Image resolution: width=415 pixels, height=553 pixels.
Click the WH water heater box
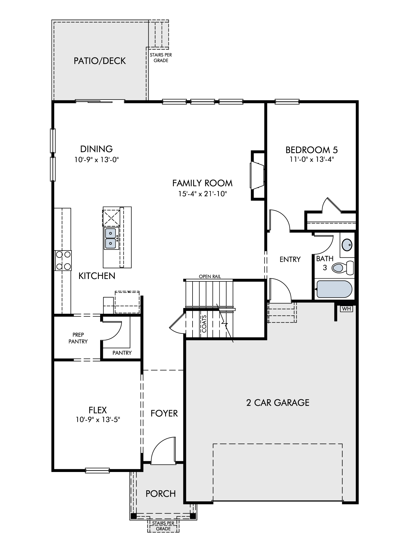point(346,309)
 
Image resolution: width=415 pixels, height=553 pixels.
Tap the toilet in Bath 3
point(343,267)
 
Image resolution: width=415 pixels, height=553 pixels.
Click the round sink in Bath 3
point(347,245)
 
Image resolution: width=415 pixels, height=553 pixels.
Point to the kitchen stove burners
point(63,260)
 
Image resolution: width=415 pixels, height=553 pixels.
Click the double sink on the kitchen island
point(111,238)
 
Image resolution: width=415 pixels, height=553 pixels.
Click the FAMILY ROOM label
point(202,183)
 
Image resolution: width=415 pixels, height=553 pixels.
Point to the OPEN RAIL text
point(210,276)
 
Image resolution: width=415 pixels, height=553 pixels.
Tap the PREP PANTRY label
point(78,338)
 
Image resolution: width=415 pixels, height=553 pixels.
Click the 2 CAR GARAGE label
point(278,402)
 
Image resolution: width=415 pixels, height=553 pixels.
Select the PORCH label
point(161,494)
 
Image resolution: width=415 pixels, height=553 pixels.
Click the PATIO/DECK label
point(100,61)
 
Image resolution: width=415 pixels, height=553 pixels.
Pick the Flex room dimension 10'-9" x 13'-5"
point(98,420)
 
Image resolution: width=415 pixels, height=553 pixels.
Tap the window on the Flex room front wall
point(97,470)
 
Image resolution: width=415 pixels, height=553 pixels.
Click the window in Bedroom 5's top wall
point(287,102)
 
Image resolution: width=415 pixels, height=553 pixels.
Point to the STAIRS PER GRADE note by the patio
point(161,58)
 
